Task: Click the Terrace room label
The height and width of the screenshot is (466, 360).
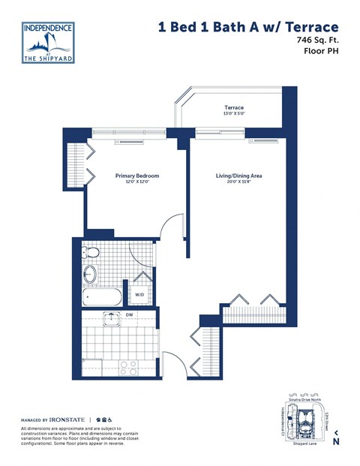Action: (234, 108)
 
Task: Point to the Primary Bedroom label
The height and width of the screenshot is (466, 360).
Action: (136, 176)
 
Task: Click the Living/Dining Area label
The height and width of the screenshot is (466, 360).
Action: (238, 176)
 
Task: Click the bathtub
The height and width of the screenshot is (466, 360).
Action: (100, 298)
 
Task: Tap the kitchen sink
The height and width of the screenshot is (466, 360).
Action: (111, 320)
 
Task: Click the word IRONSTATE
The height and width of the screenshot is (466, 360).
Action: (64, 419)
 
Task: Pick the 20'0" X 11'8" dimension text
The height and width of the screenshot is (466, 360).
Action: (238, 183)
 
